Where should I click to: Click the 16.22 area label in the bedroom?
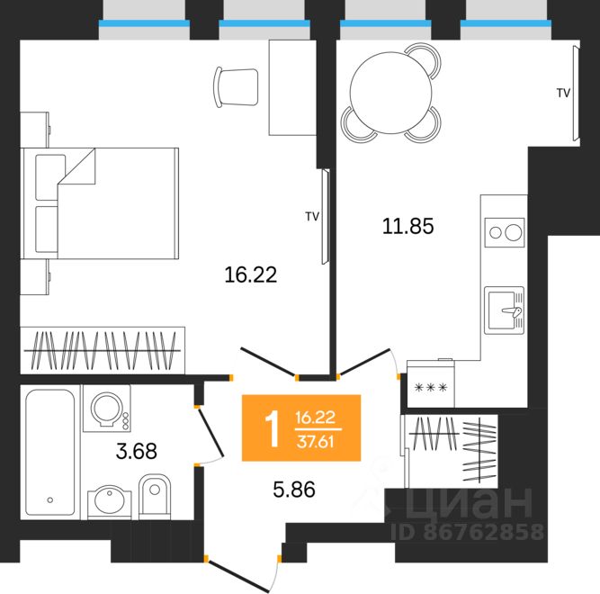[251, 274]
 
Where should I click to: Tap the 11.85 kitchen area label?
[407, 226]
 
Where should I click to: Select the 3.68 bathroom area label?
[136, 451]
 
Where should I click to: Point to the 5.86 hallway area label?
[294, 489]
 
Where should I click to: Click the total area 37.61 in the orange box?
[316, 442]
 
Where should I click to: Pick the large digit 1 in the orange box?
[273, 428]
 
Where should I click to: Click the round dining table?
[390, 93]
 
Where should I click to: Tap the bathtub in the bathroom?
[50, 452]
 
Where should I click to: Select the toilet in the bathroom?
[154, 497]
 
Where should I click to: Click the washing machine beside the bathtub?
[107, 409]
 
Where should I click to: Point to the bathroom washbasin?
[110, 502]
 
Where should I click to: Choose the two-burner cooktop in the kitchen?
[505, 232]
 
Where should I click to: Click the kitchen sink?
[505, 310]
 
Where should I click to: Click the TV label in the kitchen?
[563, 93]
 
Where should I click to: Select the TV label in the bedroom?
[312, 217]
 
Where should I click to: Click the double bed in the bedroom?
[100, 203]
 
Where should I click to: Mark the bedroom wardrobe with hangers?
[103, 350]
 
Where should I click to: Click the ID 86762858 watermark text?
[467, 532]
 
